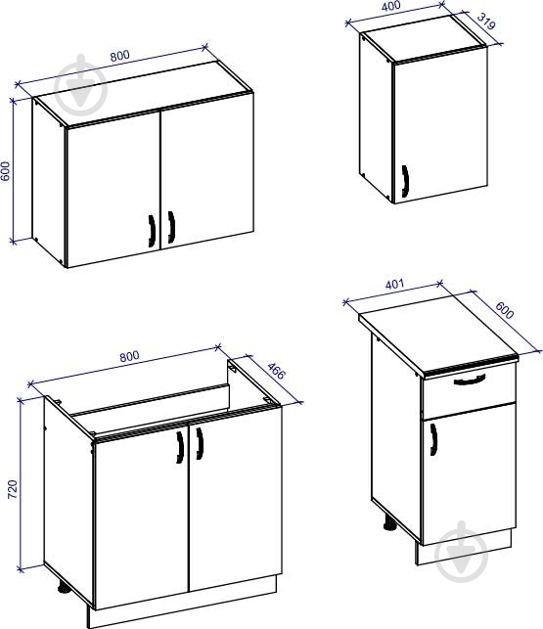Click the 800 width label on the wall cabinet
click(120, 56)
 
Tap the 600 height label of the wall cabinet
click(5, 171)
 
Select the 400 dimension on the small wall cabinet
click(391, 6)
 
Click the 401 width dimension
click(394, 285)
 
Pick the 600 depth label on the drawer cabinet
click(505, 310)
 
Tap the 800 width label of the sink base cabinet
click(129, 356)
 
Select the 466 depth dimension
click(276, 371)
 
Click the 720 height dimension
click(13, 489)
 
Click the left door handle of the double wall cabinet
click(152, 231)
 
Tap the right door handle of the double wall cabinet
click(171, 227)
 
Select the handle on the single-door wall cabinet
click(405, 181)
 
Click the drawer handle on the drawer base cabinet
click(470, 380)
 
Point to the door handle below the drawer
click(433, 439)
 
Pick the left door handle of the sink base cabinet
click(180, 447)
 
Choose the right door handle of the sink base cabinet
click(200, 443)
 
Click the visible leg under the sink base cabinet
click(64, 587)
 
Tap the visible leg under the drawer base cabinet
click(388, 523)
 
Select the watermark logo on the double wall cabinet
click(81, 85)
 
